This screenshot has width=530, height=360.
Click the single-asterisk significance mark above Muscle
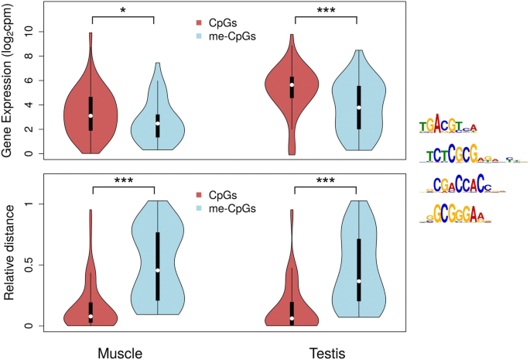coord(122,10)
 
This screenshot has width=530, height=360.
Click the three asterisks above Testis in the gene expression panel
coord(325,10)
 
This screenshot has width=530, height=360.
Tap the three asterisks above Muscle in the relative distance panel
coord(122,180)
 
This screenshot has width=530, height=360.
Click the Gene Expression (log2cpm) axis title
coord(9,93)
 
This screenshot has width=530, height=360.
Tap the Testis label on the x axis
coord(323,351)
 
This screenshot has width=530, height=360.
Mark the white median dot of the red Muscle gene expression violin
coord(91,115)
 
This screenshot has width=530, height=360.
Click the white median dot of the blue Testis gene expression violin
coord(358,108)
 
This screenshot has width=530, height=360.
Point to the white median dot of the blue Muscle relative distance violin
coord(157,270)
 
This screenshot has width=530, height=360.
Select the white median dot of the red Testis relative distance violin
coord(292,318)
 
